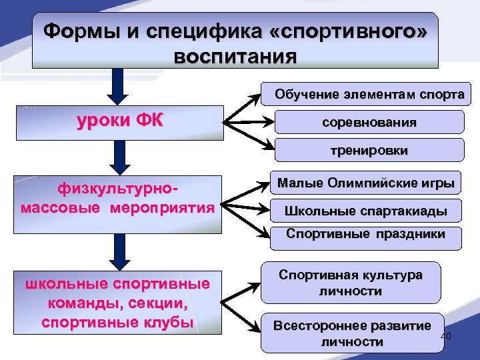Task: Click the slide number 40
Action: click(447, 336)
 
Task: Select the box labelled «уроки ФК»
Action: click(120, 122)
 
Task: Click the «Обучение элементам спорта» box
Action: click(369, 94)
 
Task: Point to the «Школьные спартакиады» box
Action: click(365, 212)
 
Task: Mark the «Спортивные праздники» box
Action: click(365, 235)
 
